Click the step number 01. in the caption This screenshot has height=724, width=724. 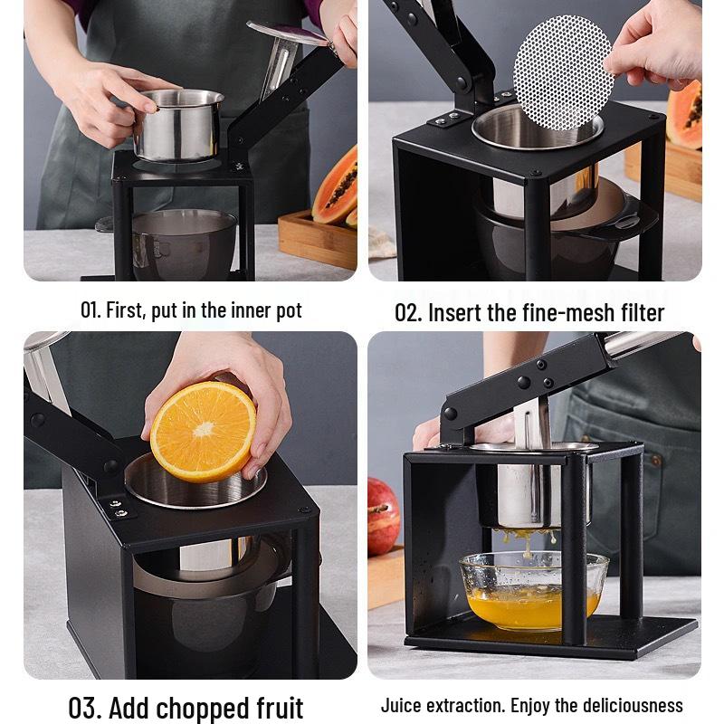(x=90, y=310)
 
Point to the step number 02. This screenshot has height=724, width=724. (x=408, y=313)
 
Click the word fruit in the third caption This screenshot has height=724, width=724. (x=272, y=707)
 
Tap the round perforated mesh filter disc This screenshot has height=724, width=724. (x=562, y=72)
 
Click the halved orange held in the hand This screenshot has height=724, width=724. (x=203, y=431)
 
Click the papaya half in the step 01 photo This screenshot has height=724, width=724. (x=336, y=186)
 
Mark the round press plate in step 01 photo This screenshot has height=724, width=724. (x=287, y=33)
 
